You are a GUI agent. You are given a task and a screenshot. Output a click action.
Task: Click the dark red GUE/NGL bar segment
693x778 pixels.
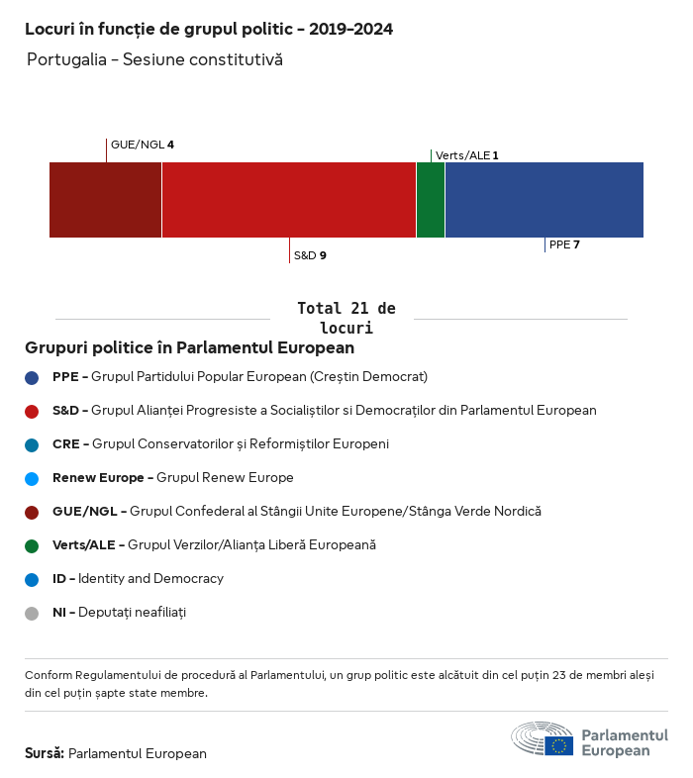(x=105, y=200)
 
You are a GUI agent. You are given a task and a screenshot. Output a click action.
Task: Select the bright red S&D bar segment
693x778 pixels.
(x=288, y=200)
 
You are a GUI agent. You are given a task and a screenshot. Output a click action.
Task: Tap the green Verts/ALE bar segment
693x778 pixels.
(x=431, y=200)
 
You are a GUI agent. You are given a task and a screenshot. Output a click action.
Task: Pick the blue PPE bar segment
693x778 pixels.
(x=544, y=200)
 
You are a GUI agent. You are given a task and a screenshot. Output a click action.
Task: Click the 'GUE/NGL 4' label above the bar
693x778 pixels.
(x=143, y=145)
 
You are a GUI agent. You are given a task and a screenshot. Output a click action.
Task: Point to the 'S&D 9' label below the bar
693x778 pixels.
(x=310, y=255)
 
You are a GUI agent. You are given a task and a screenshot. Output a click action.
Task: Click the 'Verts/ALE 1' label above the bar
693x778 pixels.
(x=466, y=155)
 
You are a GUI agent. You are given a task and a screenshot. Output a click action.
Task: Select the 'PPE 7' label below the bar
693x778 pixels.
(x=564, y=244)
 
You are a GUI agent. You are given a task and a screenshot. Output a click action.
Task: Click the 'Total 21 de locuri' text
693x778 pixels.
(x=346, y=318)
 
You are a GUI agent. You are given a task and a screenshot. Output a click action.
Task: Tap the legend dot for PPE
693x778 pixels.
(x=32, y=377)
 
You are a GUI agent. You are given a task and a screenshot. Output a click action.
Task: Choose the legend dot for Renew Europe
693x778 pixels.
(x=32, y=478)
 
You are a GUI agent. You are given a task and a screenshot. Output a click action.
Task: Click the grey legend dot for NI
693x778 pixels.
(x=32, y=613)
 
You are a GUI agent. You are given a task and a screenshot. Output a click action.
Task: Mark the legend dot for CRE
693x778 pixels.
(x=32, y=444)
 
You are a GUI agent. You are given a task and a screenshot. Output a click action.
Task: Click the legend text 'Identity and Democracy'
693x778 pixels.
(x=150, y=579)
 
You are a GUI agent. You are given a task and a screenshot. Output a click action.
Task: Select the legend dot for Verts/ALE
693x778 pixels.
(x=32, y=545)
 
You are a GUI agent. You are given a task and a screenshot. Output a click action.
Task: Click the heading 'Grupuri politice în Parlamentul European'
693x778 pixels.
(x=189, y=348)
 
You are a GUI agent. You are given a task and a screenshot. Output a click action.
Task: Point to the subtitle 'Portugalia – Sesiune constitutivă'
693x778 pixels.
(x=154, y=60)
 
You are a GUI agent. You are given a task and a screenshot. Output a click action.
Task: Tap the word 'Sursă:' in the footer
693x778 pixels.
(x=45, y=753)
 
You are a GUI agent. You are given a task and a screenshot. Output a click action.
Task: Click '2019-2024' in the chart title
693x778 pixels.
(x=350, y=30)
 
